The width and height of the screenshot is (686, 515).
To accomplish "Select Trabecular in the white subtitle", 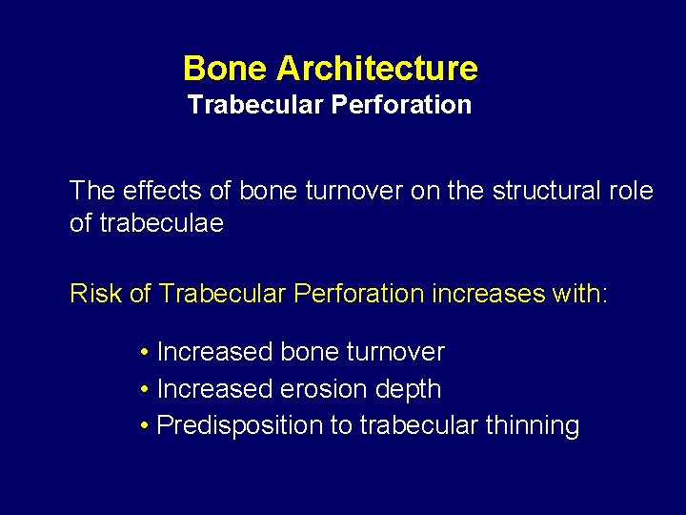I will pos(254,105).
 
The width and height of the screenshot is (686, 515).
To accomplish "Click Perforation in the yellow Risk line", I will pos(358,293).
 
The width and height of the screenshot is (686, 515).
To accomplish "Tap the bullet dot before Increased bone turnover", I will pos(143,353).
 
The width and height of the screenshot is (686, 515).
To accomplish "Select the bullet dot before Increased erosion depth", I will pos(143,389).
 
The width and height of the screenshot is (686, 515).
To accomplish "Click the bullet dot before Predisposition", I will pos(143,425).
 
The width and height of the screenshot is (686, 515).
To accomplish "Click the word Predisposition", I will pos(239,425).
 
